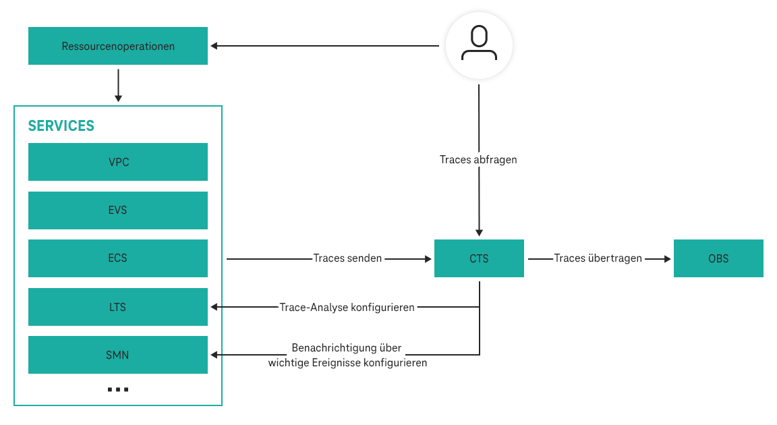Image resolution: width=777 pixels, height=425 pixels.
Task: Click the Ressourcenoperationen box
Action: point(118,46)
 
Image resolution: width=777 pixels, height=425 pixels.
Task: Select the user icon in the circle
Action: point(479,45)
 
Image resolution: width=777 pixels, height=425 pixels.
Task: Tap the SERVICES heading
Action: point(61,126)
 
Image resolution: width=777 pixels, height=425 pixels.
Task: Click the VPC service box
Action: point(118,162)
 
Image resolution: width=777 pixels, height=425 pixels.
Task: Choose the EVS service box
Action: point(118,210)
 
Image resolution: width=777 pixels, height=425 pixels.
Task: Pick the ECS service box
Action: point(118,258)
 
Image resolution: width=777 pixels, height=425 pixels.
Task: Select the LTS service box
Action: point(118,307)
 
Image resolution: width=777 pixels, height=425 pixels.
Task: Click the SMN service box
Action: point(118,355)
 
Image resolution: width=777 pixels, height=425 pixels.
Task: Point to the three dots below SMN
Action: point(118,390)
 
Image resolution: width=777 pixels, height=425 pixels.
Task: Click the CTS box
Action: point(479,258)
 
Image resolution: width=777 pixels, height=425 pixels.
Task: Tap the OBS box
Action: point(718,258)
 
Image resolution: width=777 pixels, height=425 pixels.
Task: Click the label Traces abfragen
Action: point(478,160)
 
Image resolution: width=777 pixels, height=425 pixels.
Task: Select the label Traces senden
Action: point(347,258)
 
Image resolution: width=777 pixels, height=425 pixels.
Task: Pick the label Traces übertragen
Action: point(598,258)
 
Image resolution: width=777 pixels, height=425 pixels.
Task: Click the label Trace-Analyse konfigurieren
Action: point(347,307)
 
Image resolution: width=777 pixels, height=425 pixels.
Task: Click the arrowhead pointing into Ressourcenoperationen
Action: point(214,46)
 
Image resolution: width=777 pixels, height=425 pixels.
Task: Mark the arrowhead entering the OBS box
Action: point(666,258)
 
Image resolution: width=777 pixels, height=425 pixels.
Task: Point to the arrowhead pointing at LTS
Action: point(214,307)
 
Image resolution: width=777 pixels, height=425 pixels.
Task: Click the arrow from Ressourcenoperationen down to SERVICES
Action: point(118,84)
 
